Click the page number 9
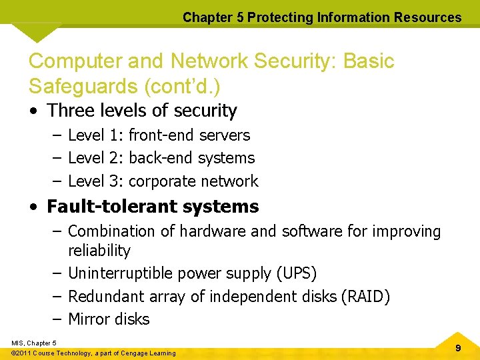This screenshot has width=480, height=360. click(x=458, y=348)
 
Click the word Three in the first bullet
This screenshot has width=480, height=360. click(x=71, y=110)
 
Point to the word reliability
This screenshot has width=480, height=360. click(x=99, y=251)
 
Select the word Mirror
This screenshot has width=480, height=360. click(x=87, y=319)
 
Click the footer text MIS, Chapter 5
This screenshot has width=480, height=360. click(x=33, y=343)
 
